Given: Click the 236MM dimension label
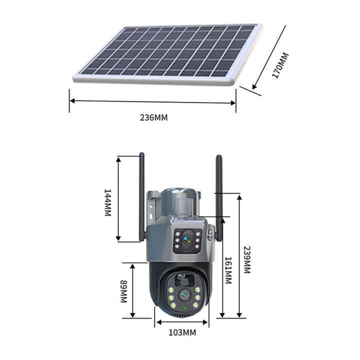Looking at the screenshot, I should (x=154, y=117).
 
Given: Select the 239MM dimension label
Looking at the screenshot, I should (x=247, y=260).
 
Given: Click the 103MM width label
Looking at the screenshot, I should (x=183, y=332).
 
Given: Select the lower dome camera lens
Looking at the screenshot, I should (x=184, y=295).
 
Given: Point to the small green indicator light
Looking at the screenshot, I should (x=184, y=308).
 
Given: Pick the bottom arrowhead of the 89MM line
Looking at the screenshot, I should (x=133, y=315).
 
